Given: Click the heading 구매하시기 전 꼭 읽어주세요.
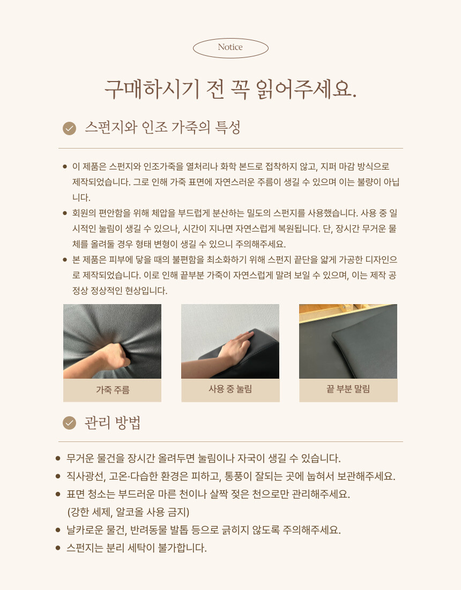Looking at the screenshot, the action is tap(230, 89).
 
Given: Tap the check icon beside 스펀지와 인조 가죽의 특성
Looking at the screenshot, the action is tap(69, 128).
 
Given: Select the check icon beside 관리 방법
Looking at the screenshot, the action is tap(69, 423).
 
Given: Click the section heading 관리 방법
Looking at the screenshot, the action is tap(113, 423).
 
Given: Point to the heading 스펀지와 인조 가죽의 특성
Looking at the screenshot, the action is tap(162, 128).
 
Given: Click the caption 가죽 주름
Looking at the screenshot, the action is tap(113, 390).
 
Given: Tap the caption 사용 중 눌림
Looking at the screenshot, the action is tap(230, 389).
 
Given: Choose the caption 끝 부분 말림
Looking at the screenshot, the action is tap(348, 389).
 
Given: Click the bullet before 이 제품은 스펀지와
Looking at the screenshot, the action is tap(65, 166).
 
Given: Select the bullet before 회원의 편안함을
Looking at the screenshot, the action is tap(65, 213).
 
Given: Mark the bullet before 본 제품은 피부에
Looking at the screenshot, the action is tap(65, 260).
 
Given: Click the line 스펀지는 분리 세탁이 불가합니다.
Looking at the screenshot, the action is tap(137, 548).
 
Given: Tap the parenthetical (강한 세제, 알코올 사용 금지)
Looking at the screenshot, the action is tap(128, 512).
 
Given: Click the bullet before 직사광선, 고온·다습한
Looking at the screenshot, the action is tap(58, 476).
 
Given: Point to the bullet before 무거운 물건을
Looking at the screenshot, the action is tap(58, 458).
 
